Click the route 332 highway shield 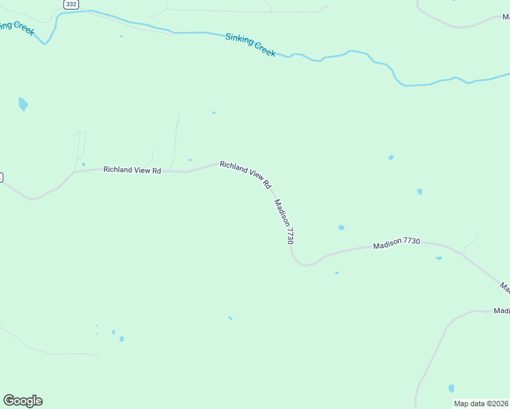(71, 4)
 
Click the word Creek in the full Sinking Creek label (265, 49)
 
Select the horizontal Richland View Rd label (132, 170)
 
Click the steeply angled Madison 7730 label (284, 222)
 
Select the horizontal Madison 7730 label (396, 243)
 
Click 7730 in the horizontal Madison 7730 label (411, 242)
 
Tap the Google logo (22, 401)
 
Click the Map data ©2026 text (481, 404)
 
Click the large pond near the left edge (23, 104)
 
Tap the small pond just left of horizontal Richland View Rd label (83, 164)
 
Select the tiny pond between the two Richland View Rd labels (190, 160)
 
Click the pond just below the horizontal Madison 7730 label (438, 258)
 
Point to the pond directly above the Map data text (451, 388)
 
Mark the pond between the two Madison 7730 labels (341, 228)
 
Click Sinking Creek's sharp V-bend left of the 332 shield (45, 43)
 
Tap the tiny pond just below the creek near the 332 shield (121, 36)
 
